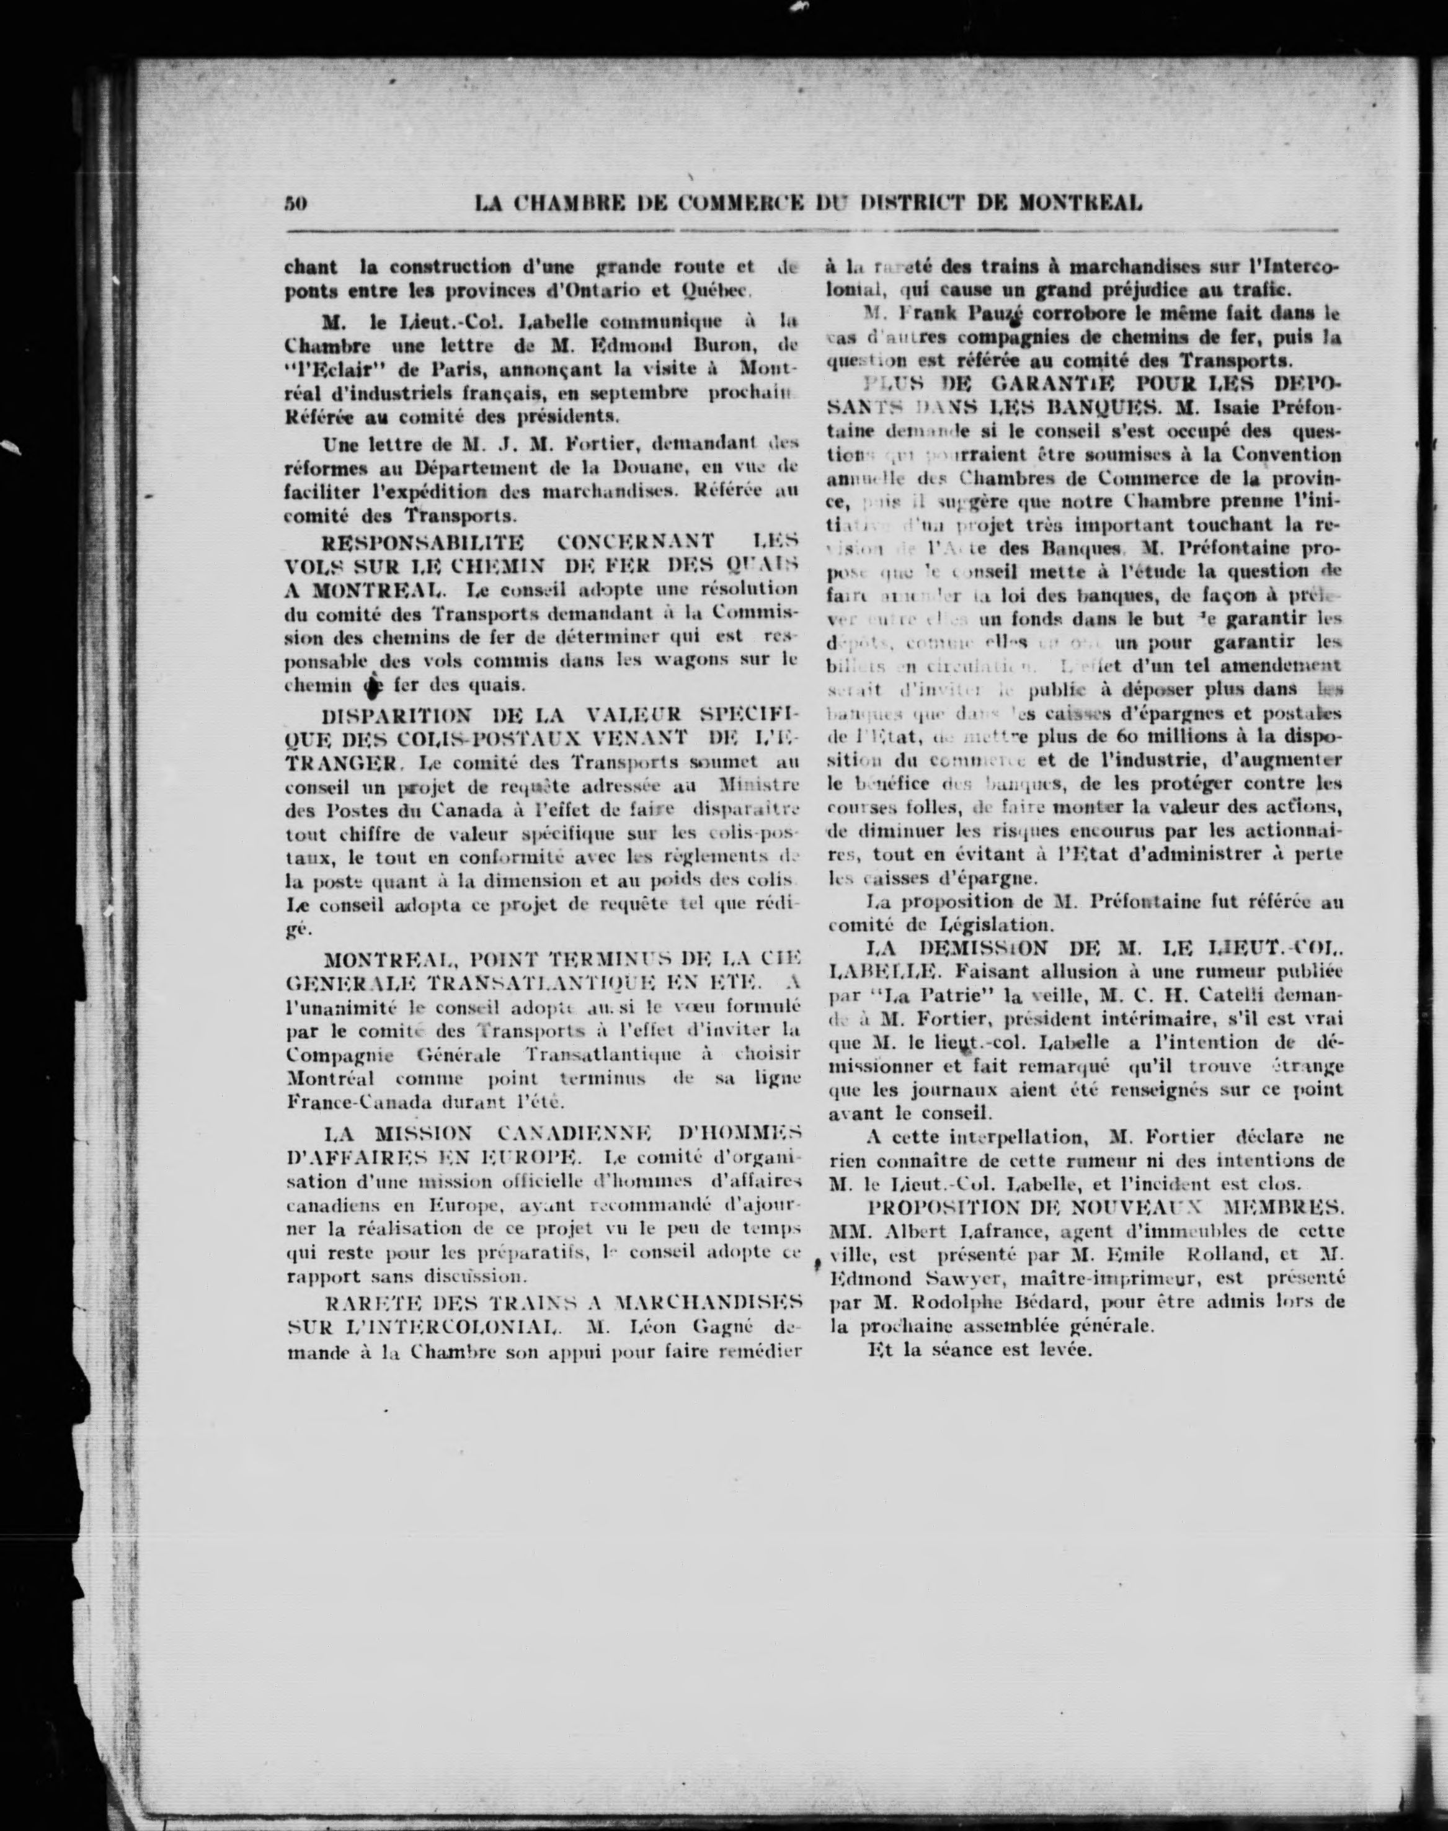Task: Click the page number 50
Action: tap(294, 204)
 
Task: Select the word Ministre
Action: tap(757, 786)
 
